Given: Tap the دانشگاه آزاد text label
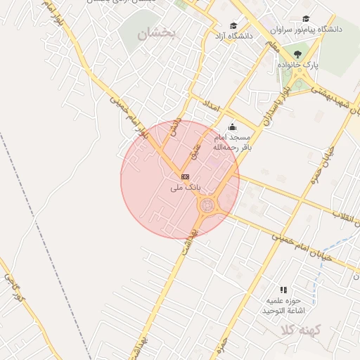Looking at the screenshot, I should (234, 35).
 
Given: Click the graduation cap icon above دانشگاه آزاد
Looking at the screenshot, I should (233, 25).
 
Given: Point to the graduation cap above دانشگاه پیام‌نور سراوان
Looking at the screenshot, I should (306, 19).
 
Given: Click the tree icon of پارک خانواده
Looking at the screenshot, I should (298, 53).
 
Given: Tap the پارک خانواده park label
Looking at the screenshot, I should (297, 65).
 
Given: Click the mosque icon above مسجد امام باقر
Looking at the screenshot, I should (232, 127).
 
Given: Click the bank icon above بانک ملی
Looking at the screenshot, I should (185, 176).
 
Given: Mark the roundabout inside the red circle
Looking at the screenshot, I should (208, 205).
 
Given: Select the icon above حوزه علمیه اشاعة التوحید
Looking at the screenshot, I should (283, 289).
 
